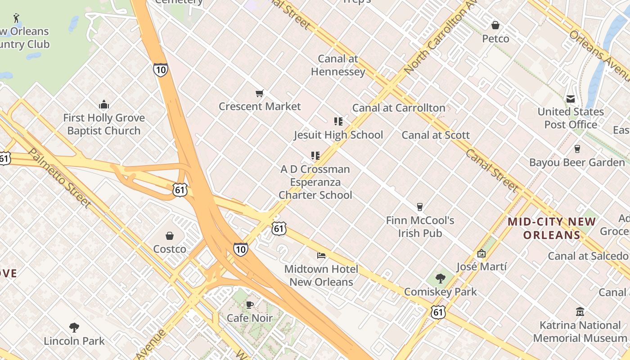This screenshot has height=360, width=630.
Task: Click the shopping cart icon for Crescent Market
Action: [x=259, y=94]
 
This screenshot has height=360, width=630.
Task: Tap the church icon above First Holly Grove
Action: [x=104, y=105]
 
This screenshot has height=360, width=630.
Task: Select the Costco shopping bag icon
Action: [x=170, y=236]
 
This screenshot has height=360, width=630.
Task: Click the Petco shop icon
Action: [x=495, y=25]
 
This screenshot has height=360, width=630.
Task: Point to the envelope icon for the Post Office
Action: [x=571, y=99]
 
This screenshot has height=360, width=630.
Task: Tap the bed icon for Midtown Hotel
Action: [x=321, y=256]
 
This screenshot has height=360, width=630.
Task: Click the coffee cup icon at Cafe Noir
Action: [x=249, y=305]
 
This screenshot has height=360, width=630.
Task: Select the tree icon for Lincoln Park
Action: [x=74, y=328]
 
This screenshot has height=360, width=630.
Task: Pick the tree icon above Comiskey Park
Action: [x=441, y=279]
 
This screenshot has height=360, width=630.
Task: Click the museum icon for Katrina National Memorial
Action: [x=580, y=311]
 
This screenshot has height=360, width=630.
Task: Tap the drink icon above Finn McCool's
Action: [x=420, y=207]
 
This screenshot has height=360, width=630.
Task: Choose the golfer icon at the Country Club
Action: [x=17, y=18]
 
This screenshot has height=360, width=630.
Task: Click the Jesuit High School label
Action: [x=338, y=135]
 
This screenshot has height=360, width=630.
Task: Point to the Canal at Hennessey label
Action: [x=338, y=65]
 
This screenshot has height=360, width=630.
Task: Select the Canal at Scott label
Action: [x=435, y=135]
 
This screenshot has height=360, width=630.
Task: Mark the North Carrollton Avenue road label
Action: [x=440, y=38]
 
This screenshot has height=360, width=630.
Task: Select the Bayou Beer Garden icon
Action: [x=577, y=148]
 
